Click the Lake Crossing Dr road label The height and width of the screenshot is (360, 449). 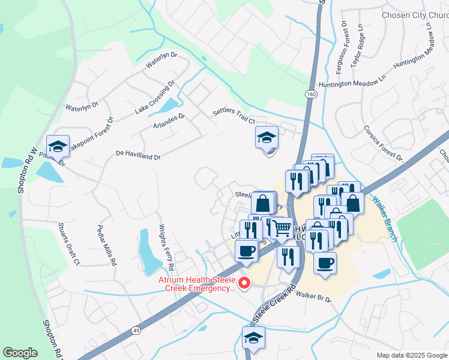coord(154,97)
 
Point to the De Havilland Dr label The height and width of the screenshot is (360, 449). coord(138,155)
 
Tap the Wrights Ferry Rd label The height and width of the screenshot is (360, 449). coord(166,247)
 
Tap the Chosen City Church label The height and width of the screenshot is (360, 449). coord(415,14)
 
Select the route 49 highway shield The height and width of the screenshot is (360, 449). coord(136,330)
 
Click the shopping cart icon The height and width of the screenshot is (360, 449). coord(282,229)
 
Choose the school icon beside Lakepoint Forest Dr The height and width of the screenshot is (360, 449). coord(58,146)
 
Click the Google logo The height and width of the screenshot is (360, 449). coord(20,353)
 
